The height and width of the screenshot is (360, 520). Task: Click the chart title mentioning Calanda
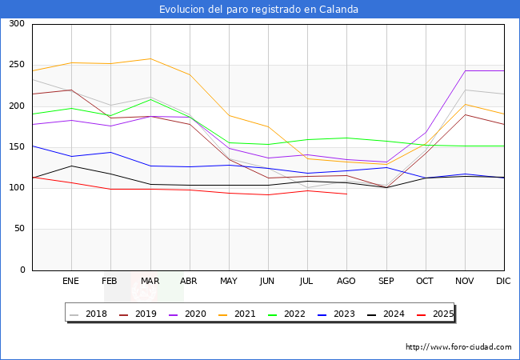pos(258,10)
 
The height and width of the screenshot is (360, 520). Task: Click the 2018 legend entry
pos(89,314)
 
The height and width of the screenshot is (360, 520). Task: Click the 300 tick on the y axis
pos(16,24)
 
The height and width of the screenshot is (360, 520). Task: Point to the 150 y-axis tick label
pos(16,147)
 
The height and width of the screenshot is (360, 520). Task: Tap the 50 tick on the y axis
pos(18,229)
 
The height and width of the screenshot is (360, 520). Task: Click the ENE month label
pos(70,281)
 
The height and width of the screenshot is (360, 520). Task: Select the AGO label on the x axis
pos(346,281)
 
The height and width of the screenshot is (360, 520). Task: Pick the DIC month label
pos(503,281)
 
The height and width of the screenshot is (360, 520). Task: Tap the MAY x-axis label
pos(228,281)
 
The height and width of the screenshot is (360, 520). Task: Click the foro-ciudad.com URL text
pos(458,347)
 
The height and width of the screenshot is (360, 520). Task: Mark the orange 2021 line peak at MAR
pos(150,58)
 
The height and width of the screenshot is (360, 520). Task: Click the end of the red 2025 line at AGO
pos(346,194)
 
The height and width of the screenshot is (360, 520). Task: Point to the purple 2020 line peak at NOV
pos(465,71)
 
